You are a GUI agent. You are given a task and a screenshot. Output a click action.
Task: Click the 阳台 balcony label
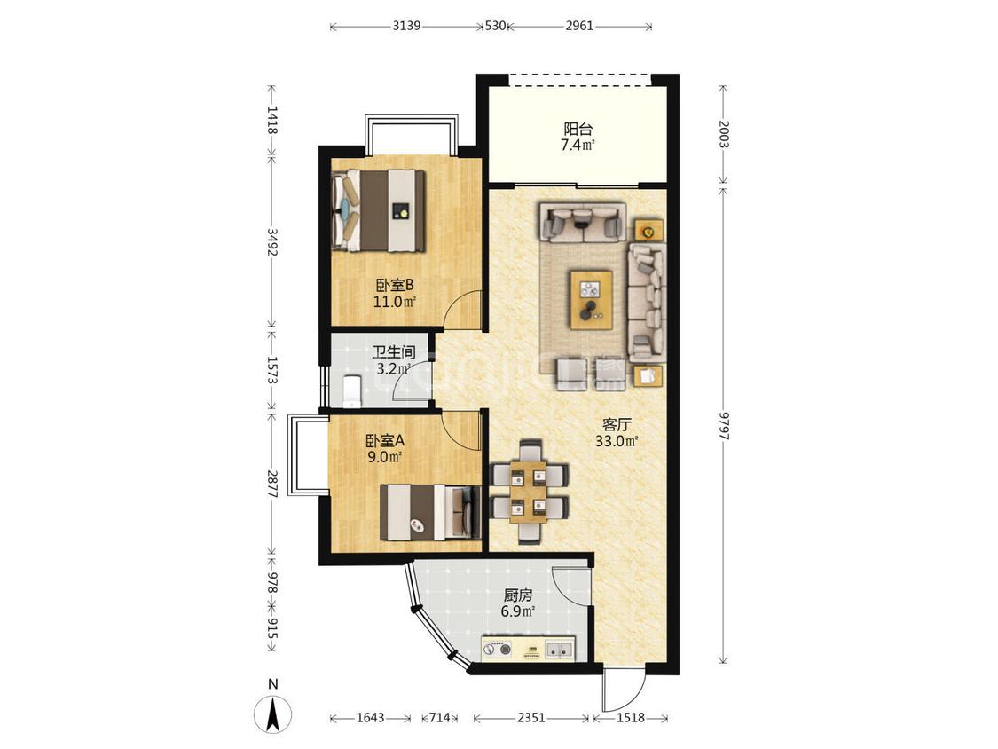(578, 130)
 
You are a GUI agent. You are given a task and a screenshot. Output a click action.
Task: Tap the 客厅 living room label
(617, 425)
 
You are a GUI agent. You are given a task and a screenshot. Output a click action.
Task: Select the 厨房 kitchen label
(517, 595)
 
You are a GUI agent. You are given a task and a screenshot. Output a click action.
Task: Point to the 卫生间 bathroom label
(394, 352)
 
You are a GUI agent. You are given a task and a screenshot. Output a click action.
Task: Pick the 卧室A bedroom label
(385, 441)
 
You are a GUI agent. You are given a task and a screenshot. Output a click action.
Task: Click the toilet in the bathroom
(351, 390)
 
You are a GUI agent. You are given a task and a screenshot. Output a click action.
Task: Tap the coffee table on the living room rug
(592, 299)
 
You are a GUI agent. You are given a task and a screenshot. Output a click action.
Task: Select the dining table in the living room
(528, 491)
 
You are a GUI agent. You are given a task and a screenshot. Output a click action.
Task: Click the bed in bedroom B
(378, 210)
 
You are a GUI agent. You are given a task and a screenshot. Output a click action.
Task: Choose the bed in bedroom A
(429, 513)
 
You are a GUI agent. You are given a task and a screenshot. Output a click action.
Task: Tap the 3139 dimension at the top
(406, 26)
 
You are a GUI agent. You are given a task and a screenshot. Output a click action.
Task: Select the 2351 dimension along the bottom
(530, 718)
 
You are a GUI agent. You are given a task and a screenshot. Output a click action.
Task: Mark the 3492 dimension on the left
(271, 242)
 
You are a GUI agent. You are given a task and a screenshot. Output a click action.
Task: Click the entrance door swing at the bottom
(625, 691)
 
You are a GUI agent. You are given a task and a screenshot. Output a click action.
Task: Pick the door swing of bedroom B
(463, 310)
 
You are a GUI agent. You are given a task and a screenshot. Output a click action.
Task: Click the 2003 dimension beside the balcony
(723, 134)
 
